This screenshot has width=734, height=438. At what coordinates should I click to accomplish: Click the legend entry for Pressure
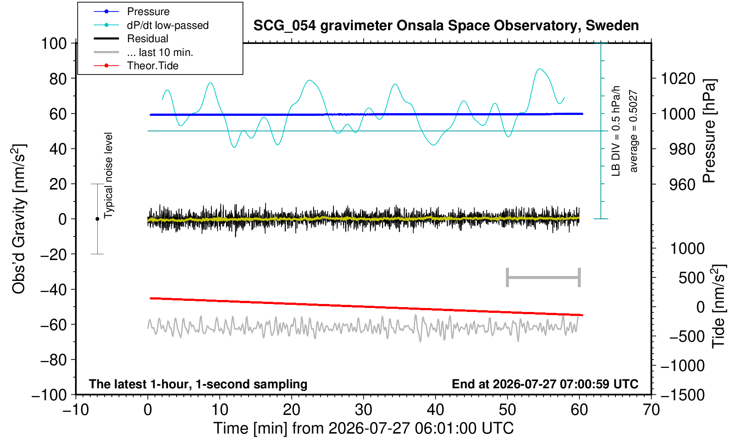(x=148, y=12)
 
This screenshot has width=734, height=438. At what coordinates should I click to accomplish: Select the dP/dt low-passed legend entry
(x=168, y=25)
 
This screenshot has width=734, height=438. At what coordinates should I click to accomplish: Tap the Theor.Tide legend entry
(x=153, y=66)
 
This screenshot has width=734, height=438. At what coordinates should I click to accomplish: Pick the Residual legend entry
(x=148, y=39)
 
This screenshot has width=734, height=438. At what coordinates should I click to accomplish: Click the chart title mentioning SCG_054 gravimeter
(x=446, y=26)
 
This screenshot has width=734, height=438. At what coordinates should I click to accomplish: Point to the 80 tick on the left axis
(x=58, y=79)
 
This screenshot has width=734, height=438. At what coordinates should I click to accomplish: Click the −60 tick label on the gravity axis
(x=53, y=325)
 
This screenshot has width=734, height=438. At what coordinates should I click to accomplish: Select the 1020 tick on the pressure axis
(x=678, y=79)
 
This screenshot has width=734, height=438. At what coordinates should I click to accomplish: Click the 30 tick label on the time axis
(x=363, y=410)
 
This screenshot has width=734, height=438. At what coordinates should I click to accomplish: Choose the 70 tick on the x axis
(x=651, y=410)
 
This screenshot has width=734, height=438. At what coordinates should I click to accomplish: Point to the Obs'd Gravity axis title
(x=19, y=219)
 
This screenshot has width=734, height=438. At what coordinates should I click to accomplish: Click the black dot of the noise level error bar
(x=97, y=219)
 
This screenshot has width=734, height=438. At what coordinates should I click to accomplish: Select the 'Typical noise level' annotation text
(x=108, y=175)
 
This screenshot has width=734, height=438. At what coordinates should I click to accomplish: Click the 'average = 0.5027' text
(x=634, y=131)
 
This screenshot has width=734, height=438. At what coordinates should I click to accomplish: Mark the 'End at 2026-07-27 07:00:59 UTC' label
(x=545, y=384)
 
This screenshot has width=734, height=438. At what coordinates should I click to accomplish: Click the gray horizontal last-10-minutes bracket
(x=544, y=277)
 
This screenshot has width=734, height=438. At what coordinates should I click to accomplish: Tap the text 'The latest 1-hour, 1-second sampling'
(x=198, y=384)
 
